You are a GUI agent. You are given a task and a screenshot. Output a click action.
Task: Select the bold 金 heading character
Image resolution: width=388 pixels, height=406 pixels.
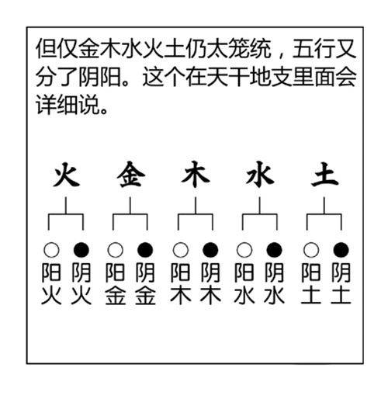(130, 175)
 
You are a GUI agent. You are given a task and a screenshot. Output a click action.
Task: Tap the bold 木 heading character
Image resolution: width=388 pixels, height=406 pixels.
(196, 175)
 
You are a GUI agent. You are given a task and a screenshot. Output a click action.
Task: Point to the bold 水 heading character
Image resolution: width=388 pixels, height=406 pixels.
(260, 175)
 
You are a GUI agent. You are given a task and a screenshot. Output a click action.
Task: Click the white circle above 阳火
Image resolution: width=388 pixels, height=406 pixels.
(51, 250)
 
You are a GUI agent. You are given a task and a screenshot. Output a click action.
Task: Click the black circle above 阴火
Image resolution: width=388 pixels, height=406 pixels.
(81, 250)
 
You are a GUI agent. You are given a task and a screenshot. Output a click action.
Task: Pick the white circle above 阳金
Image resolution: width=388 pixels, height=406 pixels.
(115, 250)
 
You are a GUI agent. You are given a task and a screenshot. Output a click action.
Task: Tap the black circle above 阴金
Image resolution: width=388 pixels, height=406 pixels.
(145, 250)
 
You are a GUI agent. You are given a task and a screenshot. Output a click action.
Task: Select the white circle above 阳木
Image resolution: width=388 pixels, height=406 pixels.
(180, 250)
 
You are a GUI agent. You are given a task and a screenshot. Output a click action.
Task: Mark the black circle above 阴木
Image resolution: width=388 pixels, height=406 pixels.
(210, 250)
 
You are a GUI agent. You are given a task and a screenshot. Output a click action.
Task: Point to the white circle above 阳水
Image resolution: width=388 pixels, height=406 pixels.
(244, 250)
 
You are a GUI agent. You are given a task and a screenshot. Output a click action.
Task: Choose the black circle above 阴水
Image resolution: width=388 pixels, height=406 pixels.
(275, 250)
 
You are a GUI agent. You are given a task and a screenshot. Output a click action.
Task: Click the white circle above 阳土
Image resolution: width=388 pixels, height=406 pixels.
(311, 250)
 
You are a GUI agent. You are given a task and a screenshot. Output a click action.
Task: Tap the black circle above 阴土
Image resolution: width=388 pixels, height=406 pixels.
(341, 250)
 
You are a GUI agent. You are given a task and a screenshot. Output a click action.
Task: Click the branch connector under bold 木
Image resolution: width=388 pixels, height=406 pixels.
(196, 214)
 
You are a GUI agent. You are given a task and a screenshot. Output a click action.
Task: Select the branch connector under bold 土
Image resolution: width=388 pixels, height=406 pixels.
(324, 214)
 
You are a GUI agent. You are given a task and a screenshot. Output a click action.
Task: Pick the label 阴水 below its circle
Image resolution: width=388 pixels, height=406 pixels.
(275, 283)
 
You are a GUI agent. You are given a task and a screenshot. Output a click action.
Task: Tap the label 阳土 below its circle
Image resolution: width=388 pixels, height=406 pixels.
(311, 283)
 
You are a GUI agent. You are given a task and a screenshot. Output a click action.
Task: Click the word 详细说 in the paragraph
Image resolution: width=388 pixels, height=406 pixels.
(68, 105)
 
